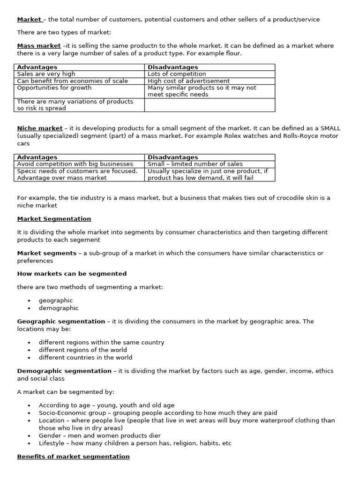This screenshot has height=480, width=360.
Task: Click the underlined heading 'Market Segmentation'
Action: pyautogui.click(x=54, y=219)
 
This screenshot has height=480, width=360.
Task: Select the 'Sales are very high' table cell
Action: pyautogui.click(x=46, y=74)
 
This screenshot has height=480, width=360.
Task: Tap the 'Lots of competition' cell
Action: pyautogui.click(x=177, y=74)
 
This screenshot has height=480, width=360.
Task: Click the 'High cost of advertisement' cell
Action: pyautogui.click(x=188, y=81)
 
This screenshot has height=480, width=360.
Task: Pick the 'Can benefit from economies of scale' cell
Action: pyautogui.click(x=72, y=81)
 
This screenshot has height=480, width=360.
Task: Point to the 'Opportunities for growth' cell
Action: pyautogui.click(x=54, y=88)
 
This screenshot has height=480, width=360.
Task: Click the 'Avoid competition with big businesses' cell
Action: pyautogui.click(x=75, y=164)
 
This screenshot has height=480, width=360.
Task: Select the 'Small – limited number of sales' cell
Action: pyautogui.click(x=195, y=164)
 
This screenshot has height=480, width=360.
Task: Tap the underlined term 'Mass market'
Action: pyautogui.click(x=39, y=46)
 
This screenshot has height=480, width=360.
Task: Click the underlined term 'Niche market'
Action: pyautogui.click(x=40, y=128)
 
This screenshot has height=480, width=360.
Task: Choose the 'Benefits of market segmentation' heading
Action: pyautogui.click(x=73, y=457)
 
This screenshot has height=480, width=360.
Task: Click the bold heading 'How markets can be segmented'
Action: pyautogui.click(x=72, y=274)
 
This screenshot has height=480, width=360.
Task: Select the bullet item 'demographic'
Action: pyautogui.click(x=59, y=308)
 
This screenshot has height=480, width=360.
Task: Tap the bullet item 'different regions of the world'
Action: pyautogui.click(x=82, y=350)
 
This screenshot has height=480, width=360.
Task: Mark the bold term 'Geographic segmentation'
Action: pyautogui.click(x=61, y=322)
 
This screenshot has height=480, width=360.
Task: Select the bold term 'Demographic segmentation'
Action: pyautogui.click(x=64, y=371)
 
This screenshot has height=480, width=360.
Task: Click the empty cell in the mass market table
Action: pyautogui.click(x=210, y=105)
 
